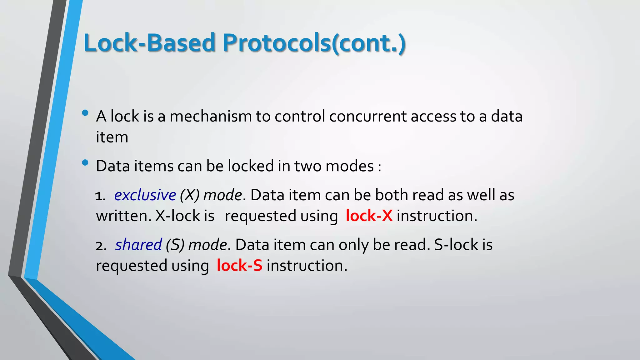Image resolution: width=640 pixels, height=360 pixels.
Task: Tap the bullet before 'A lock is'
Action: tap(85, 113)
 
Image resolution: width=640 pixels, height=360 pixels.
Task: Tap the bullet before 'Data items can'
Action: tap(85, 162)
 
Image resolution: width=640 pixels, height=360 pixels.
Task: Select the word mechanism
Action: tap(210, 117)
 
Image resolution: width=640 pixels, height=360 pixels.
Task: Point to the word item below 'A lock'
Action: tap(112, 137)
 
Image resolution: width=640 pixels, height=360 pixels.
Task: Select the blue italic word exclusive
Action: tap(145, 195)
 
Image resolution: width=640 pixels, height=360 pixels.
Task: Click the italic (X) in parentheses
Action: tap(189, 195)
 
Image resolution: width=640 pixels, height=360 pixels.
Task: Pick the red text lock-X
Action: tap(369, 216)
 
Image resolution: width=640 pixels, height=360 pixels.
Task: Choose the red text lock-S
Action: tap(239, 266)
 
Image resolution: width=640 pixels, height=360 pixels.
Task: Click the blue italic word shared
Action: tap(138, 245)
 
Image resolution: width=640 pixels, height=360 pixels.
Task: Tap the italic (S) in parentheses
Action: tap(175, 245)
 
